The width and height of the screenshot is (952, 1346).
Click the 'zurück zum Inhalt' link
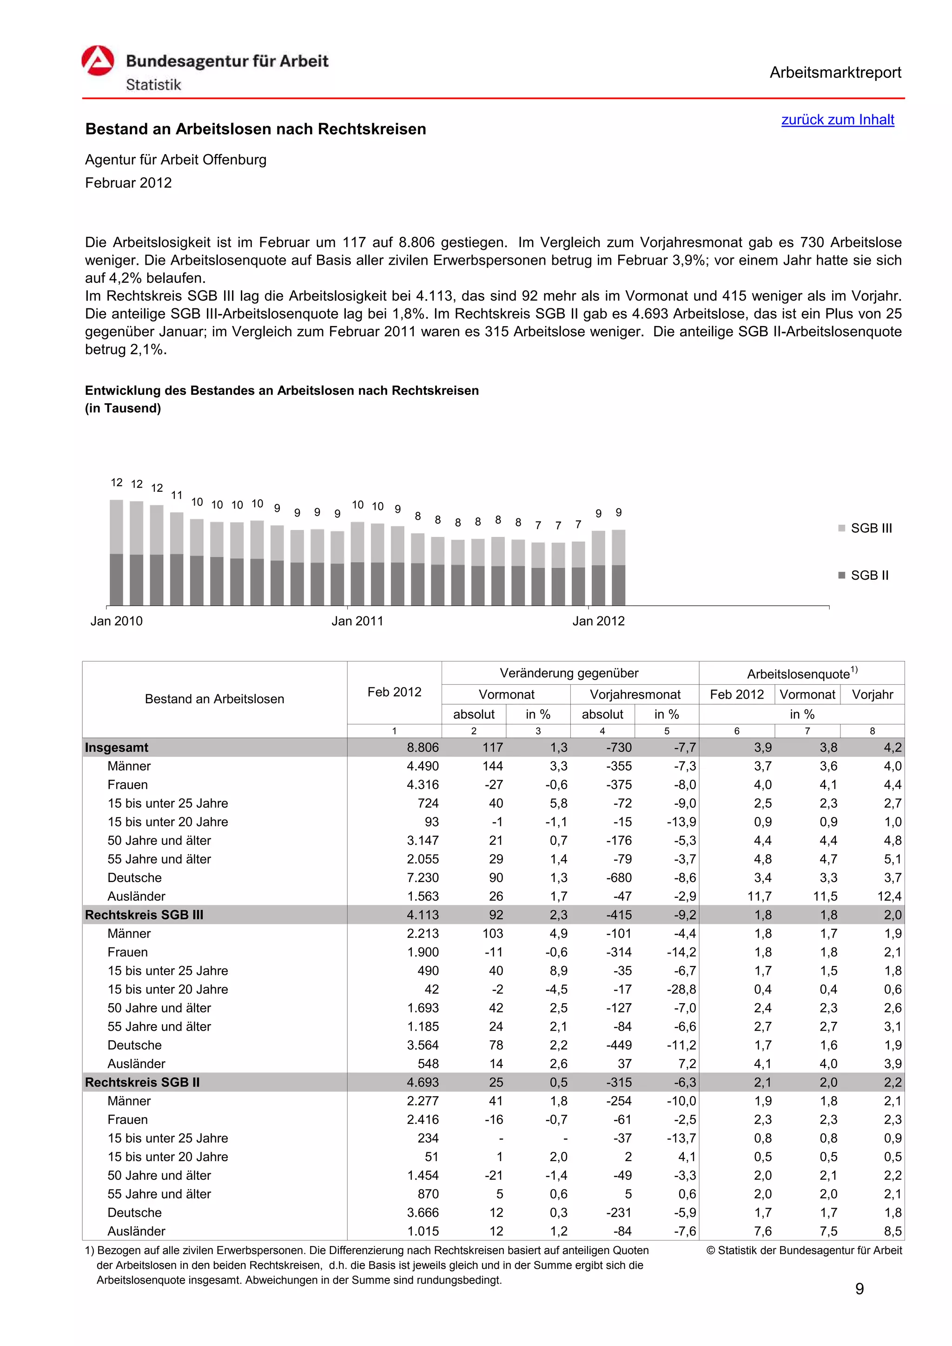(x=837, y=119)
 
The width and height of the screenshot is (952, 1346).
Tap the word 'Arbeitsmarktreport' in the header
(x=835, y=73)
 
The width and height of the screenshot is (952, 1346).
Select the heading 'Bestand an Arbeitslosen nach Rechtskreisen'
(x=256, y=129)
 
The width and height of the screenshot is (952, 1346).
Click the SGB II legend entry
(x=863, y=575)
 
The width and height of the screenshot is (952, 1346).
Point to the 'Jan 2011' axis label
(x=357, y=621)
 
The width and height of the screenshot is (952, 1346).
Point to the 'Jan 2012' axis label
(x=598, y=621)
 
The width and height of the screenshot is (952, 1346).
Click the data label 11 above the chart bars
(x=177, y=496)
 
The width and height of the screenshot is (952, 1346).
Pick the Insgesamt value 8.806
(x=423, y=747)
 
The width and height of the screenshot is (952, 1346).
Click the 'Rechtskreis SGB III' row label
(x=144, y=915)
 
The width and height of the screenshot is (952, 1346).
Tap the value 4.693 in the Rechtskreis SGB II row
(x=423, y=1082)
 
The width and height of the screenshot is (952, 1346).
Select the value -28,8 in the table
(x=681, y=990)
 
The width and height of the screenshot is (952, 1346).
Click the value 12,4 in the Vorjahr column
(x=889, y=896)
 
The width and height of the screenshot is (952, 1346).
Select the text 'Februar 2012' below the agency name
(x=128, y=183)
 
